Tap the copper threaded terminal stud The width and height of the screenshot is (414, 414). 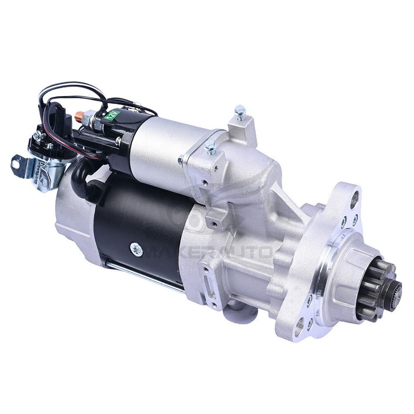coord(79,116)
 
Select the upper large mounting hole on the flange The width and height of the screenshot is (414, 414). coord(354,199)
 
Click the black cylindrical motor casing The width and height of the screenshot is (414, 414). coord(138,224)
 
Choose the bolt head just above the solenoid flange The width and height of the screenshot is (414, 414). coord(210,146)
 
